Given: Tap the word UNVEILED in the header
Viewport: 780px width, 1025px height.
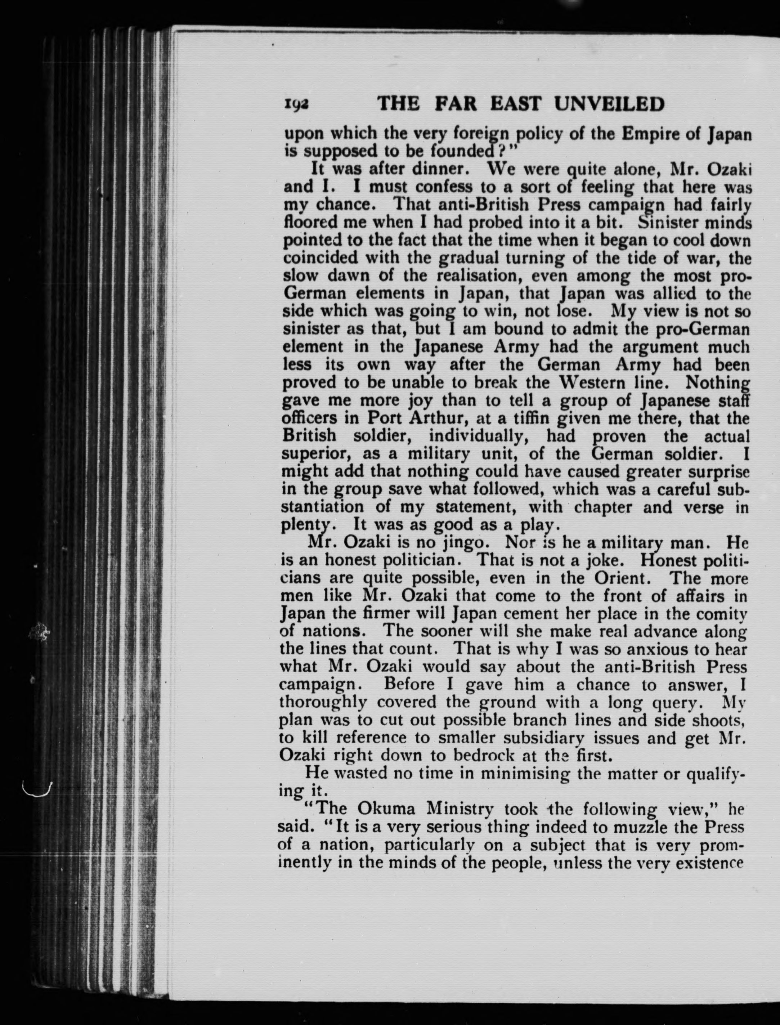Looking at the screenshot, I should (610, 104).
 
